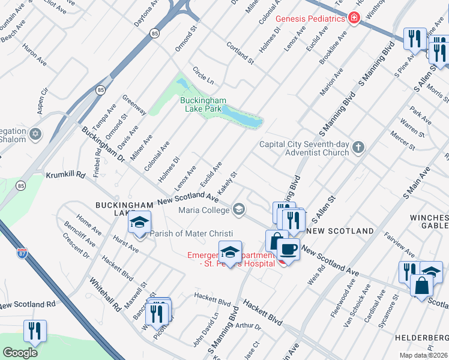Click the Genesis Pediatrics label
coord(310,19)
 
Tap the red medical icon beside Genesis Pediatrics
coord(354,19)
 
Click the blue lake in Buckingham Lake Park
coord(243,118)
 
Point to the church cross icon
coord(358,148)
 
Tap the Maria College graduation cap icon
coord(239,209)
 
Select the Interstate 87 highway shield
coord(22,253)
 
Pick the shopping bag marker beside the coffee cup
coord(275,240)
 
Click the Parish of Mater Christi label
coord(191,234)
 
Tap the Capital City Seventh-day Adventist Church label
coord(304,148)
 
